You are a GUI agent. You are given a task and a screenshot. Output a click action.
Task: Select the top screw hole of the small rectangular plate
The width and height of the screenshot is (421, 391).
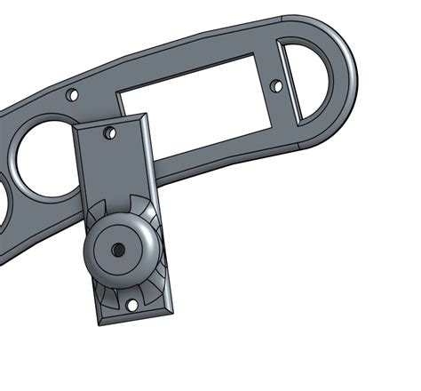[110, 133]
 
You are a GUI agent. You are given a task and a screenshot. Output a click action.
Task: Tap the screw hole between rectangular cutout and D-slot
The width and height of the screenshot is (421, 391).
[276, 86]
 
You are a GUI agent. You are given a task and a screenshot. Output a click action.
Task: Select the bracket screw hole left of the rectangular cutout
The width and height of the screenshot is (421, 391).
[73, 93]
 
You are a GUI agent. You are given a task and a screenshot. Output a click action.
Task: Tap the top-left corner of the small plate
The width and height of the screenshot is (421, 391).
[74, 126]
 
